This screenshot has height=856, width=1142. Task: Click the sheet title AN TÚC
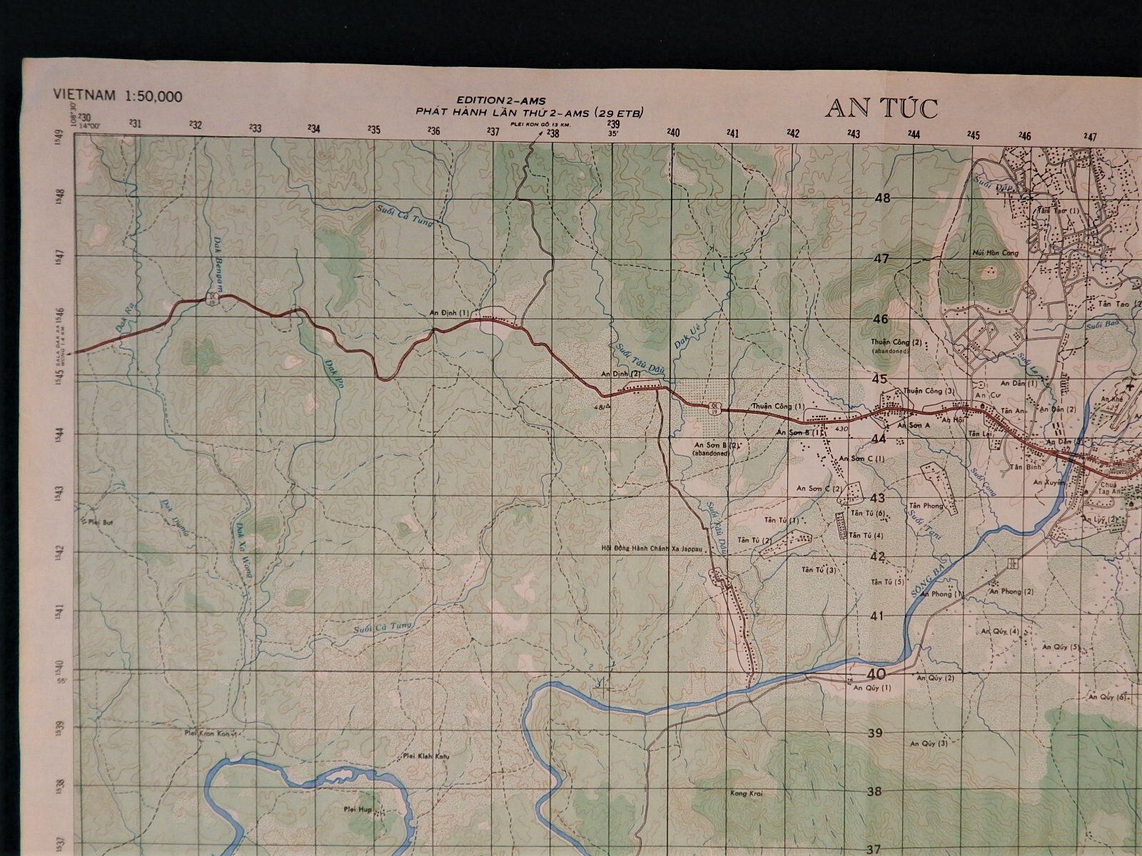[x=881, y=108]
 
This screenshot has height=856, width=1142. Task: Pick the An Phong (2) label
[x=1011, y=591]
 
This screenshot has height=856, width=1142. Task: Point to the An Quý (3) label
[x=929, y=743]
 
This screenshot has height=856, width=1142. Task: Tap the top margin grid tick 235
[x=373, y=130]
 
